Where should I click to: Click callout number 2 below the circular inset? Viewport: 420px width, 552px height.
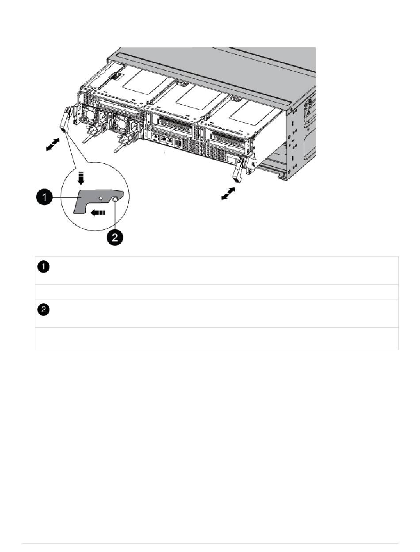pos(115,238)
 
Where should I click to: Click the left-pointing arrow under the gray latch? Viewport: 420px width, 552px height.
pos(99,212)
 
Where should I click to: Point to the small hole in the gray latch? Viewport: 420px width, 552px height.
pos(101,198)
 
